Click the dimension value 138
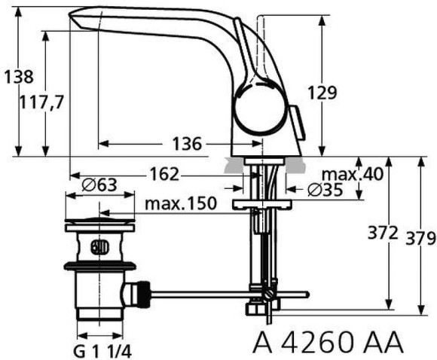[x=17, y=77]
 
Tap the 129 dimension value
[x=322, y=93]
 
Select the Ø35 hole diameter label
[x=325, y=190]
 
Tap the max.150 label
[x=181, y=204]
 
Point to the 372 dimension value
[x=384, y=233]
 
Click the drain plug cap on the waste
[x=99, y=224]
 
